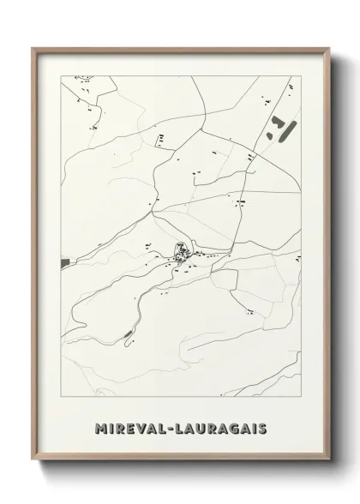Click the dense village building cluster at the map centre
click(x=181, y=252)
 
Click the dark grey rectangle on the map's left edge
click(x=63, y=262)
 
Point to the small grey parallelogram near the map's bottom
click(x=129, y=333)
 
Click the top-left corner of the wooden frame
click(x=33, y=48)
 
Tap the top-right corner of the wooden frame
click(x=327, y=48)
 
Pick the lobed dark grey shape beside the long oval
click(x=273, y=133)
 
